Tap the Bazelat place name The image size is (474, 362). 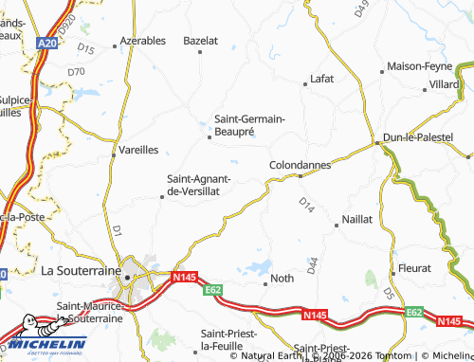pyautogui.click(x=200, y=42)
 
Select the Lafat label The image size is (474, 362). pyautogui.click(x=322, y=81)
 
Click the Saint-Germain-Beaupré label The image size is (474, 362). pyautogui.click(x=249, y=124)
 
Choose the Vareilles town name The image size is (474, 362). pyautogui.click(x=138, y=150)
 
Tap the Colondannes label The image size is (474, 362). pyautogui.click(x=301, y=164)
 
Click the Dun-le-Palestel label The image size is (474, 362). pyautogui.click(x=418, y=138)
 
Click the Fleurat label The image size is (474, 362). pyautogui.click(x=415, y=269)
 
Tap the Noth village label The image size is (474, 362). pyautogui.click(x=283, y=279)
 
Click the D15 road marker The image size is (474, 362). pyautogui.click(x=87, y=47)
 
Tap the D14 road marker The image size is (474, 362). pyautogui.click(x=305, y=203)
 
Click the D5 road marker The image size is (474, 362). pyautogui.click(x=390, y=296)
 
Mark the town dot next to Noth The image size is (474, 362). pyautogui.click(x=265, y=280)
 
